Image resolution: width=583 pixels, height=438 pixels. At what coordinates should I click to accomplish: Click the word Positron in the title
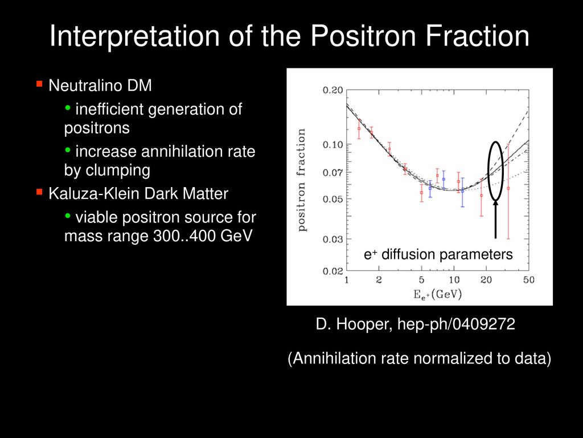coord(364,36)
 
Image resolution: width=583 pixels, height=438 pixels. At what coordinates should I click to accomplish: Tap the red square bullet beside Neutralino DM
coord(39,84)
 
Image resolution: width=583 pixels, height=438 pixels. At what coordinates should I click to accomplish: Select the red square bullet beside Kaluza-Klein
coord(39,192)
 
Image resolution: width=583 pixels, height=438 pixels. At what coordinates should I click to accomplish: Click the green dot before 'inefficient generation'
coord(68,108)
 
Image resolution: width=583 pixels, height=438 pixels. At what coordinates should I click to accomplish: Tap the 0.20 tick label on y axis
coord(332,90)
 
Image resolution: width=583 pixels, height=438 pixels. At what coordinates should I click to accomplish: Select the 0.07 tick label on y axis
coord(332,172)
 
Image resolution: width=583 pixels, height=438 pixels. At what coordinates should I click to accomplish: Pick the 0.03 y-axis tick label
coord(332,239)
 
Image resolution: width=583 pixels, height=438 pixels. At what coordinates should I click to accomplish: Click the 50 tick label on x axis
coord(529,279)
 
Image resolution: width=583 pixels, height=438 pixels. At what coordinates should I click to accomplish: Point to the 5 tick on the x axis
coord(421,279)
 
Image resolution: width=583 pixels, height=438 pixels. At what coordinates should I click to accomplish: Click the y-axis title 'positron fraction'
coord(302,180)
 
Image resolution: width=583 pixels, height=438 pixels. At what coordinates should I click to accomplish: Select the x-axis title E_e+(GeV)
coord(438,294)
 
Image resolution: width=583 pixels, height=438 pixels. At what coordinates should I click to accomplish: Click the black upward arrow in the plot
coord(495,220)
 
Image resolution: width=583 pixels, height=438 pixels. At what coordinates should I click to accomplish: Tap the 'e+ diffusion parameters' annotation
coord(438,255)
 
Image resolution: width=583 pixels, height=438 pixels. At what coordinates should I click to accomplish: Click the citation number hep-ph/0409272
coord(456,324)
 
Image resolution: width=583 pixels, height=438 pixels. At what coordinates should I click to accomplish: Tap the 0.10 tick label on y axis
coord(332,144)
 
